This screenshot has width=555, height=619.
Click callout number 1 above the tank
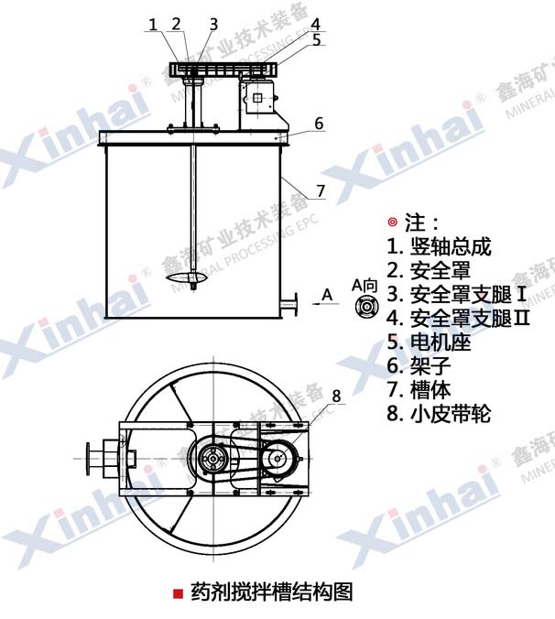click(x=152, y=25)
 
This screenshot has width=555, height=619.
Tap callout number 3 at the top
click(x=213, y=25)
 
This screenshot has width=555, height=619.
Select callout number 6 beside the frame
click(x=319, y=124)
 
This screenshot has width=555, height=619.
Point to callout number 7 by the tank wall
click(x=321, y=191)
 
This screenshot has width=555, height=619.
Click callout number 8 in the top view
click(x=336, y=396)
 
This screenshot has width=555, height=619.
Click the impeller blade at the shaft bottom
click(x=186, y=277)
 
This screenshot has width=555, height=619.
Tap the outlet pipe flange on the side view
click(x=295, y=305)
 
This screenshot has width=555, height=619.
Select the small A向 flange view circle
click(x=366, y=307)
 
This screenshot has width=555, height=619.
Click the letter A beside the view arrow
click(x=327, y=295)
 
